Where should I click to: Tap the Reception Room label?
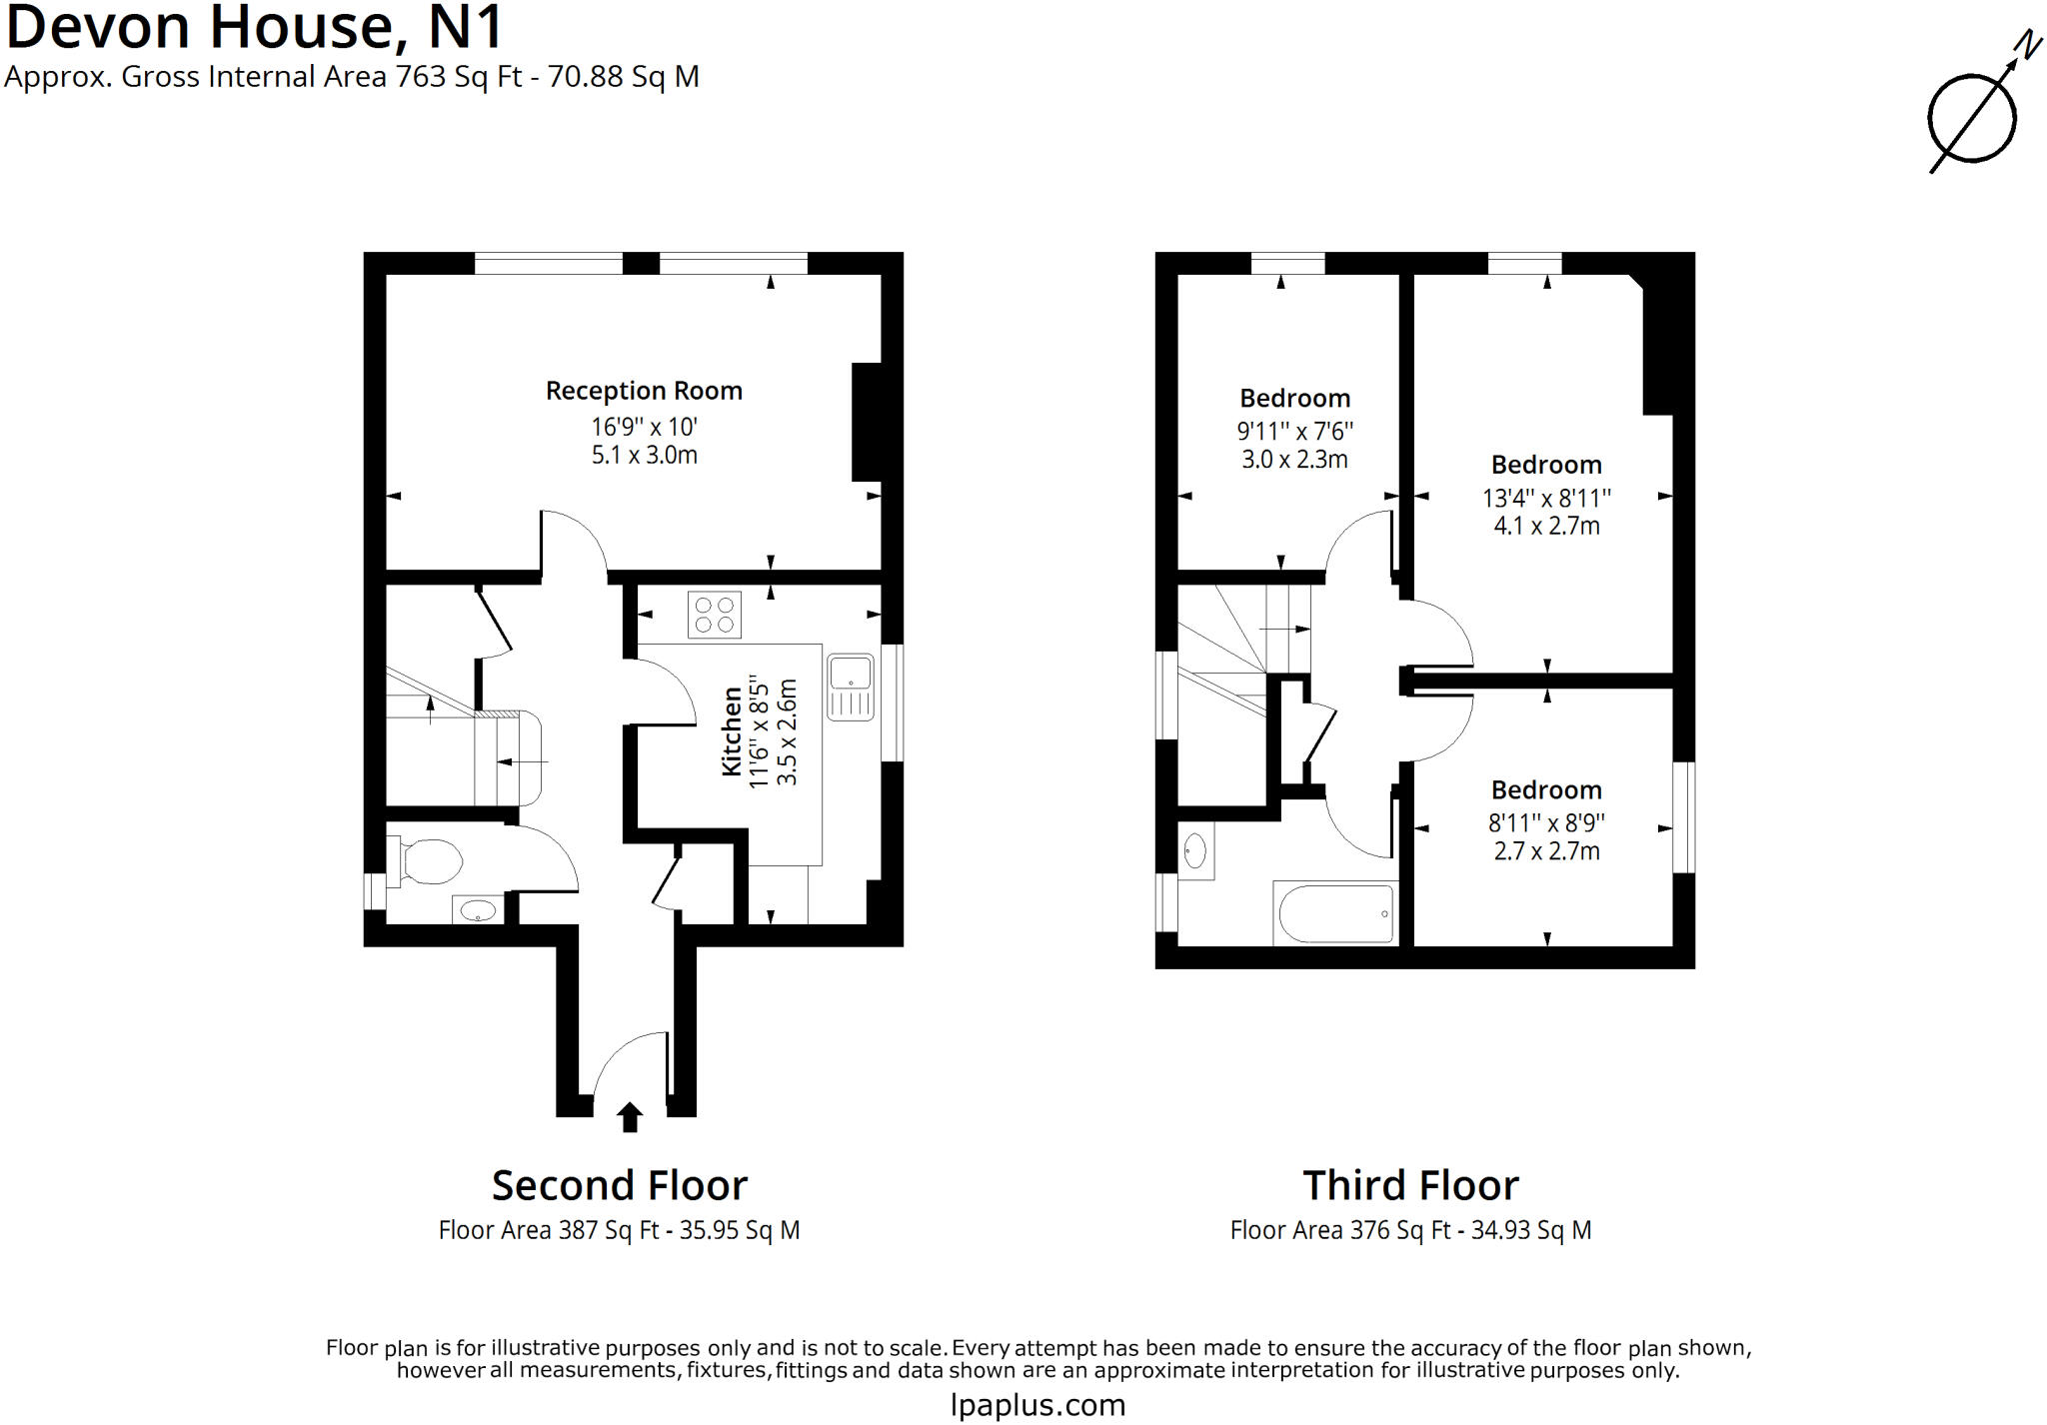(644, 391)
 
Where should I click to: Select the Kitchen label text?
(732, 730)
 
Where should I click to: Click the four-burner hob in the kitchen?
(714, 615)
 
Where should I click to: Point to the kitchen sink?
(851, 687)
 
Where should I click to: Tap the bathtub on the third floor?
(1335, 913)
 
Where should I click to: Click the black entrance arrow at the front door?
(629, 1116)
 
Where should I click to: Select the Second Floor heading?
(619, 1186)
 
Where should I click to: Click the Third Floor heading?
(1410, 1186)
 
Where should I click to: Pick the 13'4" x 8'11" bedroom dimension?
(1546, 498)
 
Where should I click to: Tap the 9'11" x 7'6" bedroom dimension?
(1294, 432)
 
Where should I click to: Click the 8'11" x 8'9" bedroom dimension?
(1546, 823)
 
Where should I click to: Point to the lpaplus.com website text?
(1037, 1405)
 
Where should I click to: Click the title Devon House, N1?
(254, 27)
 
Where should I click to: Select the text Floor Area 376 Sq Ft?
(1339, 1230)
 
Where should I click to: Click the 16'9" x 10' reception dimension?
(644, 428)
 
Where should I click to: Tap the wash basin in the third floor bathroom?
(1194, 851)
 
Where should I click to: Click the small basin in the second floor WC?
(478, 910)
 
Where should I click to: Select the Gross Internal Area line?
(352, 77)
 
